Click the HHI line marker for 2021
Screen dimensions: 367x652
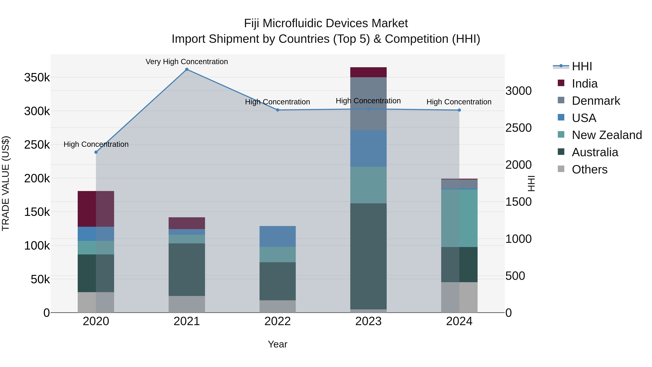[187, 69]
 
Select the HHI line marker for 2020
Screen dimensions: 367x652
[96, 152]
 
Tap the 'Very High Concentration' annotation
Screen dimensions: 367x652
[187, 62]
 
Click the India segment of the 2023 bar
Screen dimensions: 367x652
[368, 72]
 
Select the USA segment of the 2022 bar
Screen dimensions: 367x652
[278, 236]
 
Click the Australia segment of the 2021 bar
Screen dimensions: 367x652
[187, 269]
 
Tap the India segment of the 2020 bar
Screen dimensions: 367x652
[96, 209]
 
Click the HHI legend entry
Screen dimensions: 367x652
[582, 66]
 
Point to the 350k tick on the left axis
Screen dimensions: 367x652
[37, 78]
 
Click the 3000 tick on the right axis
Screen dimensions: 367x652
[518, 91]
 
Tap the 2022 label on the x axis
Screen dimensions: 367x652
[278, 321]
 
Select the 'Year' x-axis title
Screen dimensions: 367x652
[278, 344]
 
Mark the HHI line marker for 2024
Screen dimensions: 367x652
[459, 110]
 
